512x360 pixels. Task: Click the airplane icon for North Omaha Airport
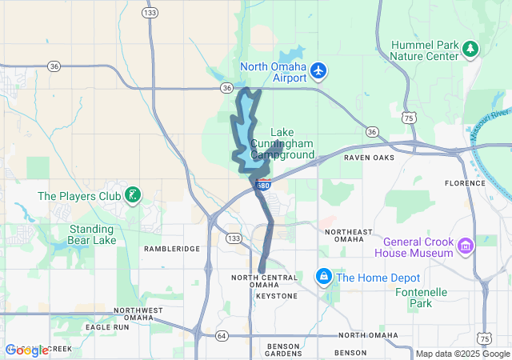[318, 70]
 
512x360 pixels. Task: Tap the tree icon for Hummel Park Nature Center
[471, 49]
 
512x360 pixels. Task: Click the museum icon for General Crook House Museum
[465, 247]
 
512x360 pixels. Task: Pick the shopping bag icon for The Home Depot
[323, 277]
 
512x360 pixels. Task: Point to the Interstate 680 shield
[262, 186]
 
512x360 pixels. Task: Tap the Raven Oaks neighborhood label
[370, 158]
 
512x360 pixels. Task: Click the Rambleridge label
[171, 249]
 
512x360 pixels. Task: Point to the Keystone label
[276, 296]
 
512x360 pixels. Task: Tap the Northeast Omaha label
[349, 236]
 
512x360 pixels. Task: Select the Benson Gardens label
[282, 349]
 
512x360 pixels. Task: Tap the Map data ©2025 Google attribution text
[462, 354]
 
